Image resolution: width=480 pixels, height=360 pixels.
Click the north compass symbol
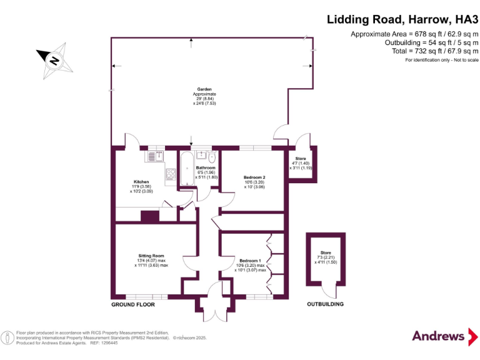click(54, 60)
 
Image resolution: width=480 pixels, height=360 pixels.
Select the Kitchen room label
click(141, 182)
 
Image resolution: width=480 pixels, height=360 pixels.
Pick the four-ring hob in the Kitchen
click(170, 174)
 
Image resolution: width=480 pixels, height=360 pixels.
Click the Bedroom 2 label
click(254, 177)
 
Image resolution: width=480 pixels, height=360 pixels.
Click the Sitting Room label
click(151, 256)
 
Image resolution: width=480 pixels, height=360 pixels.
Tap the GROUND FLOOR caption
click(132, 304)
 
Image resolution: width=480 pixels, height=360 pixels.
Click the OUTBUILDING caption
click(325, 304)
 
